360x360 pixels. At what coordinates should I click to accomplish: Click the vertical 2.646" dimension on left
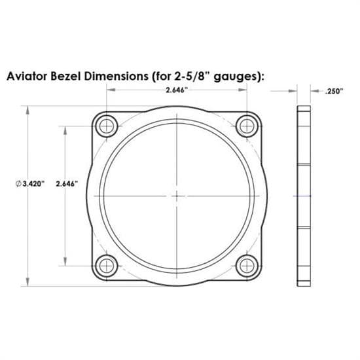click(x=67, y=184)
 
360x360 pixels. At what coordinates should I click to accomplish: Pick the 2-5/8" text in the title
click(x=190, y=76)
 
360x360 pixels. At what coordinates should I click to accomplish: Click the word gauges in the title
click(x=236, y=76)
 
